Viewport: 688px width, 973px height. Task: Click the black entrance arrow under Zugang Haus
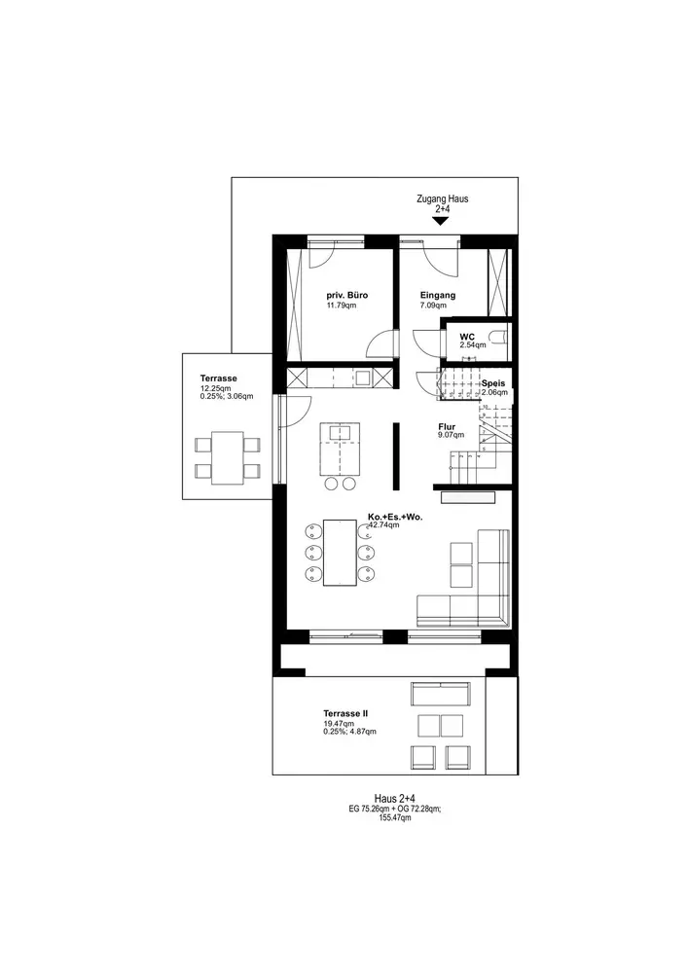(440, 221)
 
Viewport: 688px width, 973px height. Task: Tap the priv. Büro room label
(346, 296)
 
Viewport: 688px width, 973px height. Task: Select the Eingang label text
(437, 296)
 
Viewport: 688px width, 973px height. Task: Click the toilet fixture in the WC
(499, 338)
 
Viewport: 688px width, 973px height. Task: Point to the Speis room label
(493, 383)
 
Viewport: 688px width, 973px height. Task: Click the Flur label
(447, 427)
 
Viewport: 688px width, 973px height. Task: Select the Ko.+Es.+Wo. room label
(395, 517)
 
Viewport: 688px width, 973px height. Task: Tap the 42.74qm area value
(384, 525)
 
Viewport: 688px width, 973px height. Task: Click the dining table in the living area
(340, 553)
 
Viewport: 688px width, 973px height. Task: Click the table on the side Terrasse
(227, 458)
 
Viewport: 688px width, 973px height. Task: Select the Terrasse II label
(344, 713)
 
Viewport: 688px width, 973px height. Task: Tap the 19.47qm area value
(339, 724)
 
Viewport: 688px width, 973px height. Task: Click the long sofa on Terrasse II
(441, 694)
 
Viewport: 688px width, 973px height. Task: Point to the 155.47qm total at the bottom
(394, 818)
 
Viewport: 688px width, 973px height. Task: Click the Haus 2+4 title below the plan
(394, 799)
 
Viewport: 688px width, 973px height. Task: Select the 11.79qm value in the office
(342, 306)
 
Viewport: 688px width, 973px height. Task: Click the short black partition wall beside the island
(396, 456)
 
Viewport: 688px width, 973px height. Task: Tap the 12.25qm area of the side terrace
(215, 388)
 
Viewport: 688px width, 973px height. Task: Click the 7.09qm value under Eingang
(433, 306)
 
